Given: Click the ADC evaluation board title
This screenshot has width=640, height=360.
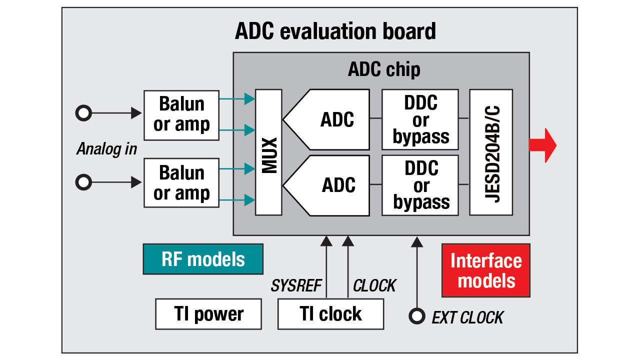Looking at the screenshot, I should [335, 31].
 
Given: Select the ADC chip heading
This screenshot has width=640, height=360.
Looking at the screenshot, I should [383, 69].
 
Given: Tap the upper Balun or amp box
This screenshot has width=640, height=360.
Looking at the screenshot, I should [181, 115].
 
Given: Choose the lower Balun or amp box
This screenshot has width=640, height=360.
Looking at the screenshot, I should [181, 183].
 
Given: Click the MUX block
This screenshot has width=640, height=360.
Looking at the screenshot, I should [268, 152].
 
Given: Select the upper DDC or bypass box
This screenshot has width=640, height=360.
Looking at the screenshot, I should [420, 119].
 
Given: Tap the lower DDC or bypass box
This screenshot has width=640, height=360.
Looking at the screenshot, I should [420, 185].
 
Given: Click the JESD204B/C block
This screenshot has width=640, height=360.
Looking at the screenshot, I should [491, 152].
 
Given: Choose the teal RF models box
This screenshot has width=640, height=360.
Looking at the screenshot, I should [203, 259].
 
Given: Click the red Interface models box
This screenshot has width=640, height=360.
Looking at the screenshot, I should [486, 270].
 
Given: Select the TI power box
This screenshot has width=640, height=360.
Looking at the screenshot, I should [208, 314].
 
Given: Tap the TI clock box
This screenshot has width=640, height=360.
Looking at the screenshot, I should [330, 314].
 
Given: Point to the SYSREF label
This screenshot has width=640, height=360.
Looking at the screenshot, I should [296, 285].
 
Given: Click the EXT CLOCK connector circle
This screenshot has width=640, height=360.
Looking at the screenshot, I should [416, 315].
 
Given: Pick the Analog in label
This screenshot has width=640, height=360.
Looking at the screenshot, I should [106, 149].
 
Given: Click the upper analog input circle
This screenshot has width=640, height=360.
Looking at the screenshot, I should [83, 113].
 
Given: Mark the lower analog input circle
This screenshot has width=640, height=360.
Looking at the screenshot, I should [83, 182].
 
